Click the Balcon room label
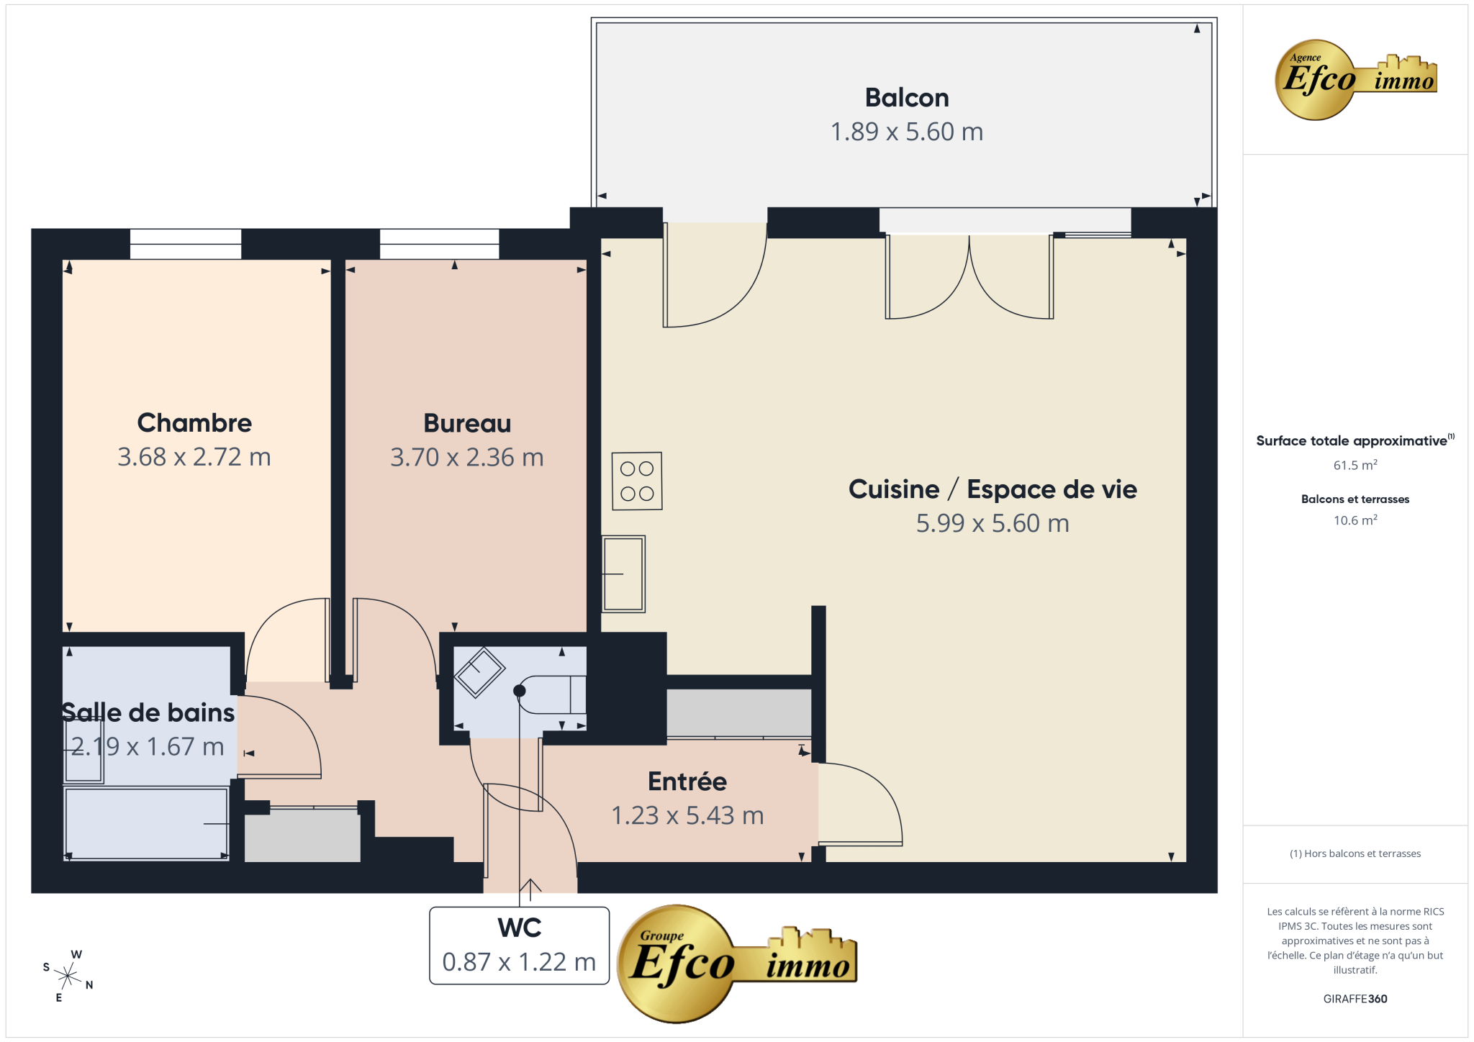click(907, 97)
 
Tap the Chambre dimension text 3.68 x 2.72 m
click(194, 457)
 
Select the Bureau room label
click(467, 423)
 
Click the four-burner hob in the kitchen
click(637, 481)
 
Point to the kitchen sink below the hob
click(623, 574)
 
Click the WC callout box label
click(520, 928)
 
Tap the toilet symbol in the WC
click(551, 694)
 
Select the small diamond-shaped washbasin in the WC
click(479, 673)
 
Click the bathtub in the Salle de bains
click(147, 823)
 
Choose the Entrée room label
click(687, 781)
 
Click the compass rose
click(68, 977)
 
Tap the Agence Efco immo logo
click(1356, 79)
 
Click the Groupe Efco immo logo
click(737, 964)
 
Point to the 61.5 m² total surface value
click(1355, 465)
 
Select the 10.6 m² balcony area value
click(1355, 520)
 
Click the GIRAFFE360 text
click(1355, 999)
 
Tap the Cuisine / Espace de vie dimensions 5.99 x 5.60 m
click(993, 523)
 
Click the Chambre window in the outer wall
click(186, 244)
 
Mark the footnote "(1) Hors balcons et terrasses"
click(1355, 853)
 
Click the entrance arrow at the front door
click(530, 890)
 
